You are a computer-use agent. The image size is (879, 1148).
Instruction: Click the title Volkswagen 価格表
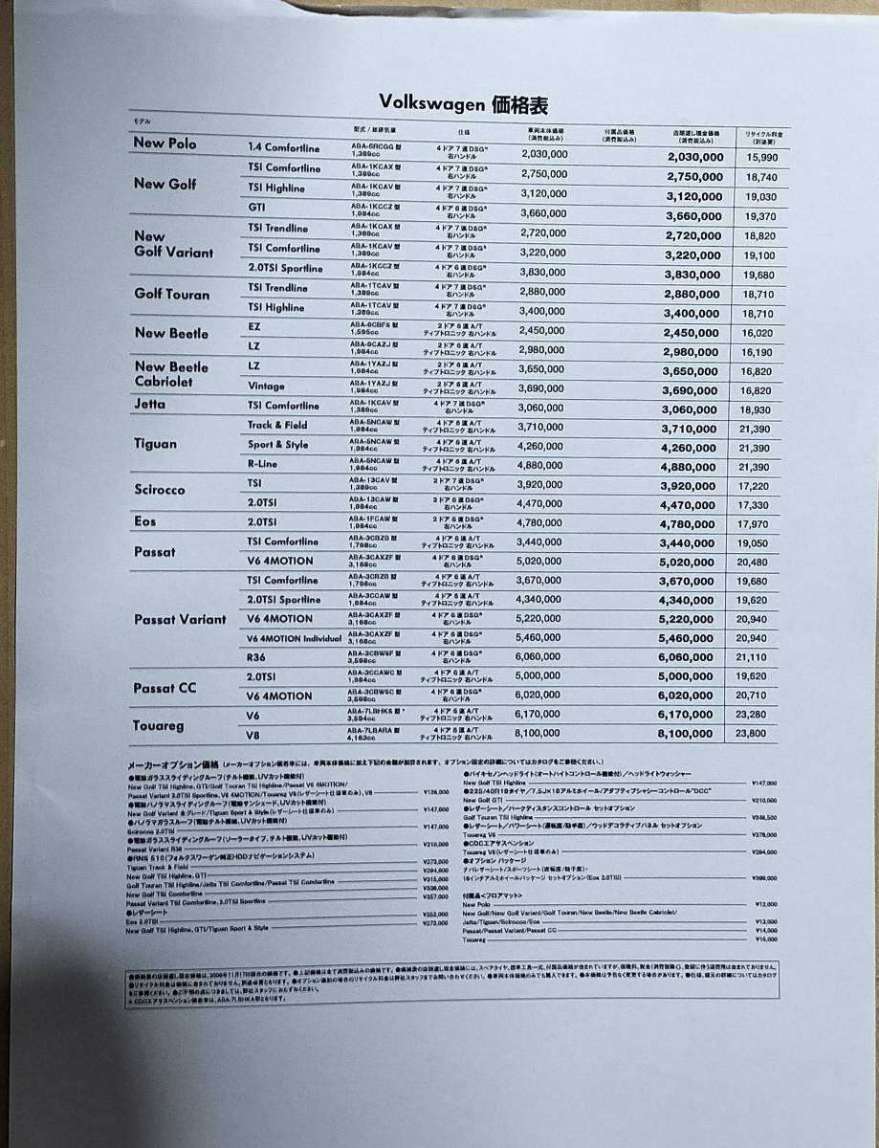[x=463, y=104]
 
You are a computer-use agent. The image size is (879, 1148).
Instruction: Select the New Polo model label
[x=165, y=143]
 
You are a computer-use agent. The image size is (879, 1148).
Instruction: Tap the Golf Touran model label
[x=171, y=295]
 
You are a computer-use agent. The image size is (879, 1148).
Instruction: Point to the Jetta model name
[x=149, y=404]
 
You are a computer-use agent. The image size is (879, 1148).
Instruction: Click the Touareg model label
[x=158, y=726]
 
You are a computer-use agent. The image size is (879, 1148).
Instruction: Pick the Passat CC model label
[x=165, y=688]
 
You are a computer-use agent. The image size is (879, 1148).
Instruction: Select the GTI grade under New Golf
[x=256, y=207]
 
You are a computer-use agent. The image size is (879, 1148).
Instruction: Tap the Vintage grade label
[x=266, y=386]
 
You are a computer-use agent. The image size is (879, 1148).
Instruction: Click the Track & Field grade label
[x=277, y=425]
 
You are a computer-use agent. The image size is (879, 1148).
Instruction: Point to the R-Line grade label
[x=263, y=464]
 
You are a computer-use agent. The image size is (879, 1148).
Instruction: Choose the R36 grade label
[x=257, y=658]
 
